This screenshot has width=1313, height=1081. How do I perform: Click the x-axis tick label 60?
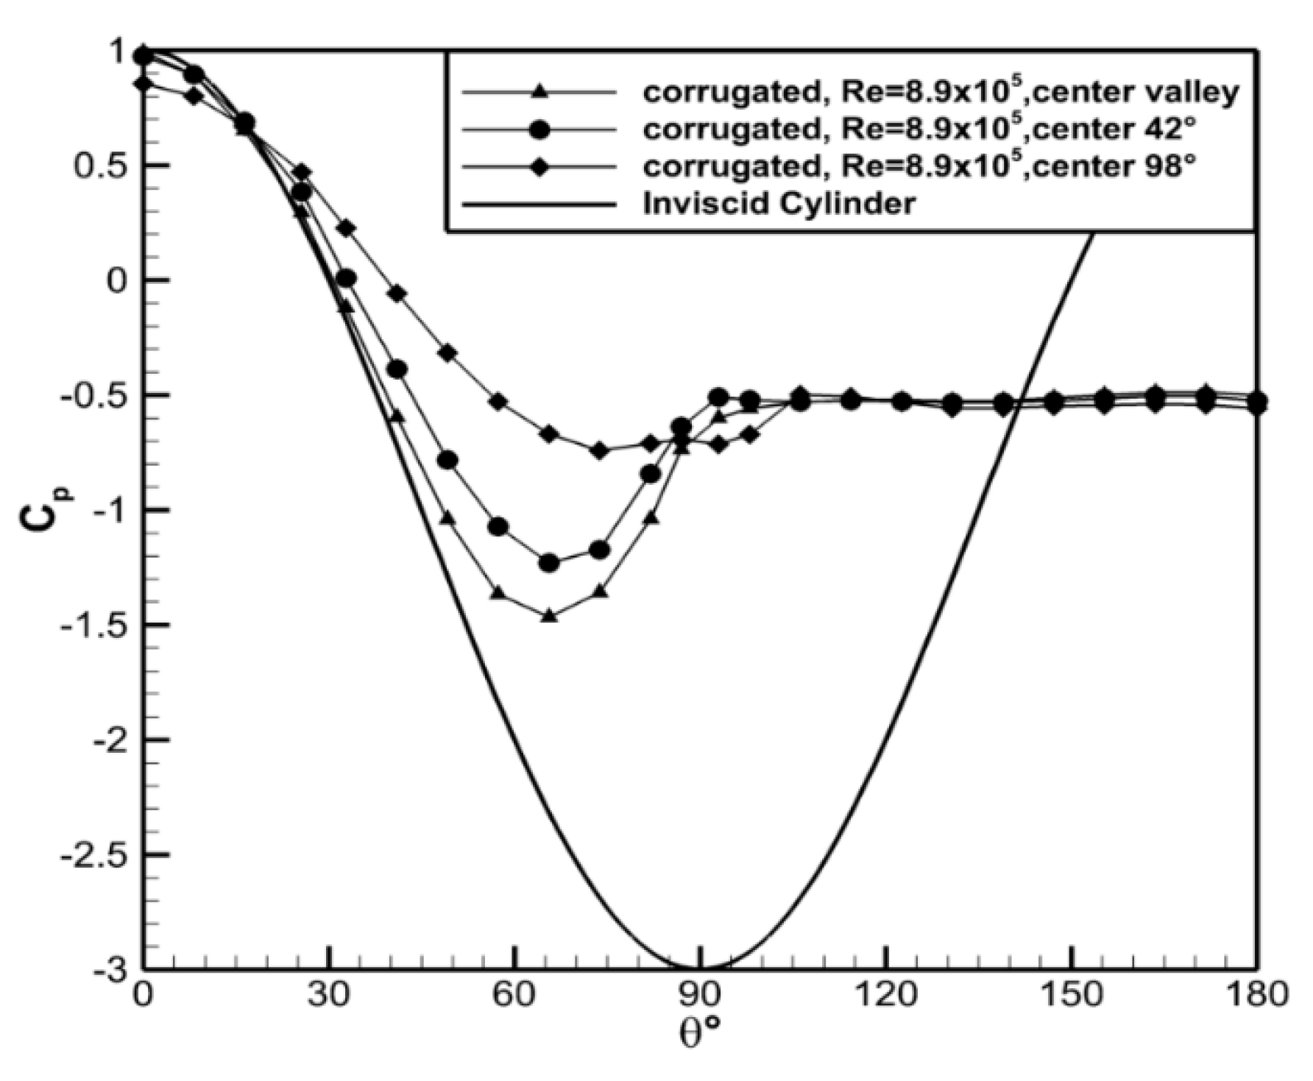pyautogui.click(x=515, y=996)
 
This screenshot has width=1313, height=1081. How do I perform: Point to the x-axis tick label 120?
pyautogui.click(x=887, y=996)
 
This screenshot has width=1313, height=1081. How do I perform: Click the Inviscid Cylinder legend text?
pyautogui.click(x=779, y=203)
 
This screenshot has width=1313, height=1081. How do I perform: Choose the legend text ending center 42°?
pyautogui.click(x=919, y=129)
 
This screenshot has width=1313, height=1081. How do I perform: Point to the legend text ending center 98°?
pyautogui.click(x=919, y=166)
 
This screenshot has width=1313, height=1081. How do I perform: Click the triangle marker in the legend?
pyautogui.click(x=539, y=92)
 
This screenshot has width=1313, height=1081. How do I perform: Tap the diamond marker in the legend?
pyautogui.click(x=539, y=167)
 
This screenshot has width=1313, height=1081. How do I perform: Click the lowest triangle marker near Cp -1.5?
pyautogui.click(x=549, y=616)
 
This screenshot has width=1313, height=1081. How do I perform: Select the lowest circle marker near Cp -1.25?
pyautogui.click(x=549, y=563)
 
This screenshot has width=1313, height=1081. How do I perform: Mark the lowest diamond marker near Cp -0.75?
pyautogui.click(x=600, y=450)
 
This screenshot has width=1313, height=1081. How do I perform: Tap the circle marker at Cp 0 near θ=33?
pyautogui.click(x=347, y=279)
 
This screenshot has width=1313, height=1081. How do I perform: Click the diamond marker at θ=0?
pyautogui.click(x=144, y=84)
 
